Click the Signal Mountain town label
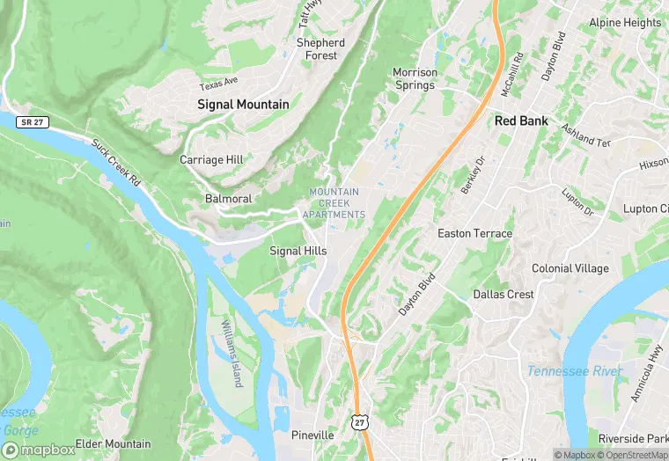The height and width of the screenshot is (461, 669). click(x=243, y=104)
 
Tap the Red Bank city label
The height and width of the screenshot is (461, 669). click(x=521, y=121)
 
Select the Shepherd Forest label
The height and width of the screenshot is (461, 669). click(x=320, y=49)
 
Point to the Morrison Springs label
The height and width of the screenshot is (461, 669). click(x=414, y=79)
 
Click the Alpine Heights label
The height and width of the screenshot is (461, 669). click(x=624, y=23)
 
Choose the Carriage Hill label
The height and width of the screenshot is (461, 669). click(x=212, y=160)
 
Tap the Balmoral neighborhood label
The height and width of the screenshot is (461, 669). click(x=228, y=199)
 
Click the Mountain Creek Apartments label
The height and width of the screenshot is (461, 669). click(x=334, y=203)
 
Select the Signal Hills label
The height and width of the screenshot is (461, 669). click(x=298, y=251)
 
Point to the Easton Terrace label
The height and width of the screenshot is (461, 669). click(x=474, y=233)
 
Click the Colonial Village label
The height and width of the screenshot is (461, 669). click(x=570, y=268)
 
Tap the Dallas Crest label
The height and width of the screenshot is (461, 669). click(x=504, y=294)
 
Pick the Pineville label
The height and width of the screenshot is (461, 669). click(x=312, y=435)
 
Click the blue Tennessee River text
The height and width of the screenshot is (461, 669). click(x=574, y=371)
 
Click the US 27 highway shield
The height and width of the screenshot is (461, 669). click(x=358, y=423)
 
